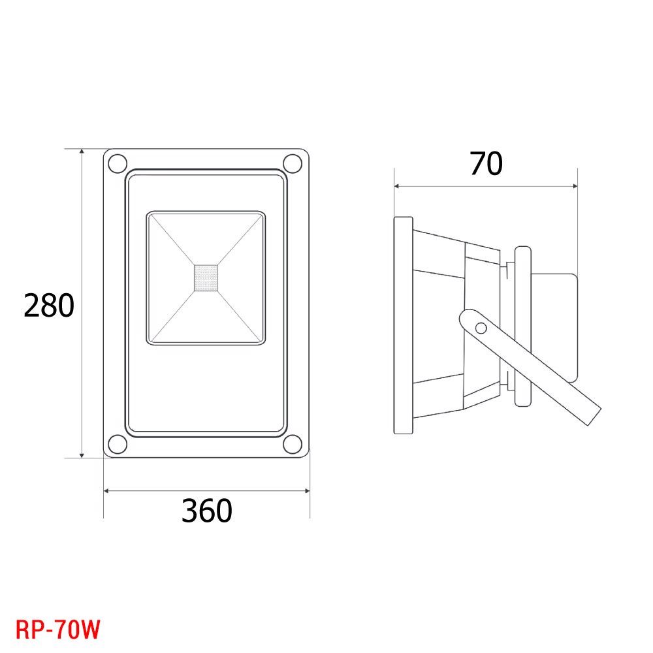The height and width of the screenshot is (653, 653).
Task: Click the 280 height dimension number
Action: pos(49,306)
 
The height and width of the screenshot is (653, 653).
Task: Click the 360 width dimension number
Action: pos(206,511)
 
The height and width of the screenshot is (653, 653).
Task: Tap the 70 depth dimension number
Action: pos(486,163)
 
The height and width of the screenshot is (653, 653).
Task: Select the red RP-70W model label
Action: pos(58,629)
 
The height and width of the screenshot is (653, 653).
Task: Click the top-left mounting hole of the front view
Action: pos(118,163)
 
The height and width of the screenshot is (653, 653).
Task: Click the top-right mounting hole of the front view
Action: pos(293,163)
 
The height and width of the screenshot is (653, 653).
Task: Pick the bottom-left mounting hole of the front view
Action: pos(118,444)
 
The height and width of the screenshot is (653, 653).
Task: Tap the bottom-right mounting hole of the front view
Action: pos(293,444)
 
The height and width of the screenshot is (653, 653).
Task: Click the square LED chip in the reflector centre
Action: pos(206,278)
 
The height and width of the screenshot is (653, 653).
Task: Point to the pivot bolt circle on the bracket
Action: pos(481,328)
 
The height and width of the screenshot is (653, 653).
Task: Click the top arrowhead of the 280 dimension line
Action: pos(82,151)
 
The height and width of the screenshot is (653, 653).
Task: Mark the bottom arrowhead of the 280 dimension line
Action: pos(82,454)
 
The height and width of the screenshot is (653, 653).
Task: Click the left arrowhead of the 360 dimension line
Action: pos(106,491)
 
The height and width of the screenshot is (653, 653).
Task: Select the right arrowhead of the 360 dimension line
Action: pos(306,491)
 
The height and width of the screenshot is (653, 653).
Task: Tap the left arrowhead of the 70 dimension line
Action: pos(397,186)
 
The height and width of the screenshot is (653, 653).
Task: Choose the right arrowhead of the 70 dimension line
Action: pos(574,186)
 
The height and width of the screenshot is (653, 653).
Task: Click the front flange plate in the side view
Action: pos(403,325)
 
